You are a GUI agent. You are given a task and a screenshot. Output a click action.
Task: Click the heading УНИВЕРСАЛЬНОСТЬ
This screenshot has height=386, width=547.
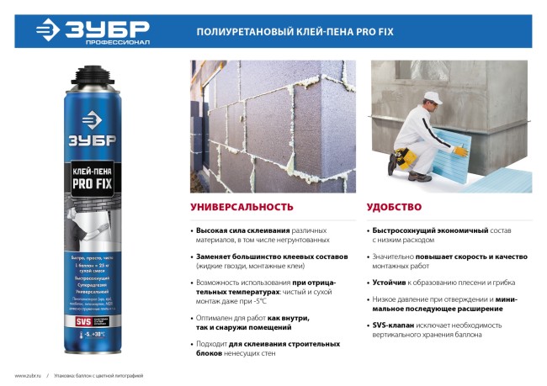click(x=242, y=206)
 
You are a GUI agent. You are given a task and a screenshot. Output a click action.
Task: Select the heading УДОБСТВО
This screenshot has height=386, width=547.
click(x=395, y=206)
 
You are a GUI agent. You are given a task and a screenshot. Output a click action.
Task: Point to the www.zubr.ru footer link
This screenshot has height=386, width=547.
click(x=28, y=375)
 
